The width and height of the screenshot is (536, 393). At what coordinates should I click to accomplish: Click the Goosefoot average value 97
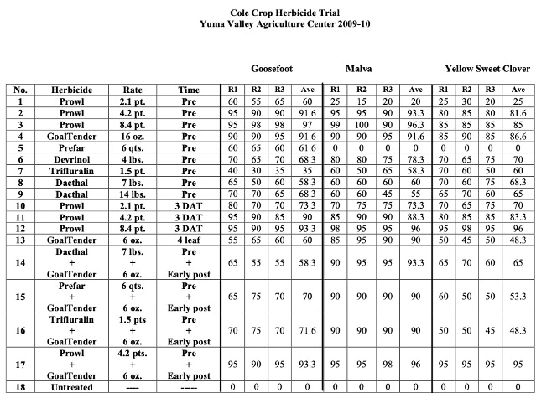pos(309,123)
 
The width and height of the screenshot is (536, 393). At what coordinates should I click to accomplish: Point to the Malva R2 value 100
pos(362,123)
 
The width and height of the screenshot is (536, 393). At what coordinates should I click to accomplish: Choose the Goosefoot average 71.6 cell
pos(309,332)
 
